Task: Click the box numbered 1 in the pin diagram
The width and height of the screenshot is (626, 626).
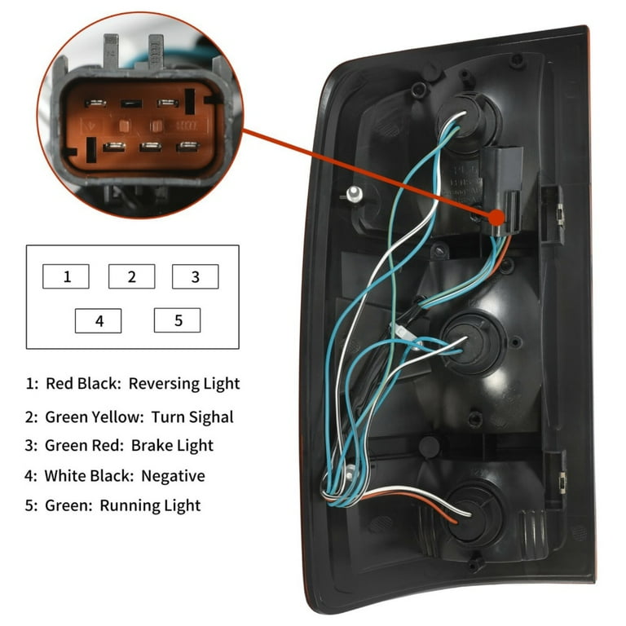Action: (x=66, y=276)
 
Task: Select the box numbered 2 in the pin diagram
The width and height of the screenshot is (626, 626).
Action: (x=132, y=276)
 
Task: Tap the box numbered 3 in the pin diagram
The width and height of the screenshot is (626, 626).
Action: (x=196, y=276)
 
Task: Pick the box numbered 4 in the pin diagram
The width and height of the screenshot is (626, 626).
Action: (x=98, y=320)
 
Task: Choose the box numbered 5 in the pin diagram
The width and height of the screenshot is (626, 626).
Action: (x=177, y=320)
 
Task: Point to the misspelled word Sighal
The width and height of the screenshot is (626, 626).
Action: (x=211, y=417)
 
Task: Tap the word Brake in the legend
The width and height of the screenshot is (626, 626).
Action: (x=147, y=445)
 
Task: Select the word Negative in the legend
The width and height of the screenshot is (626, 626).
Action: (x=173, y=475)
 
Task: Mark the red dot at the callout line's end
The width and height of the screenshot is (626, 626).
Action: (x=497, y=218)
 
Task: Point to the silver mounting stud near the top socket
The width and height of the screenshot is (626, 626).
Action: (x=352, y=195)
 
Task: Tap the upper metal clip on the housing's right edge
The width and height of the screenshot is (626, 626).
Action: (x=560, y=214)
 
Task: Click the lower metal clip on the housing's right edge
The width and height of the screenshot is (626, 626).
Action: (x=562, y=482)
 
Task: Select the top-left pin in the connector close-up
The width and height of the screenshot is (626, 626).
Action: (x=95, y=104)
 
